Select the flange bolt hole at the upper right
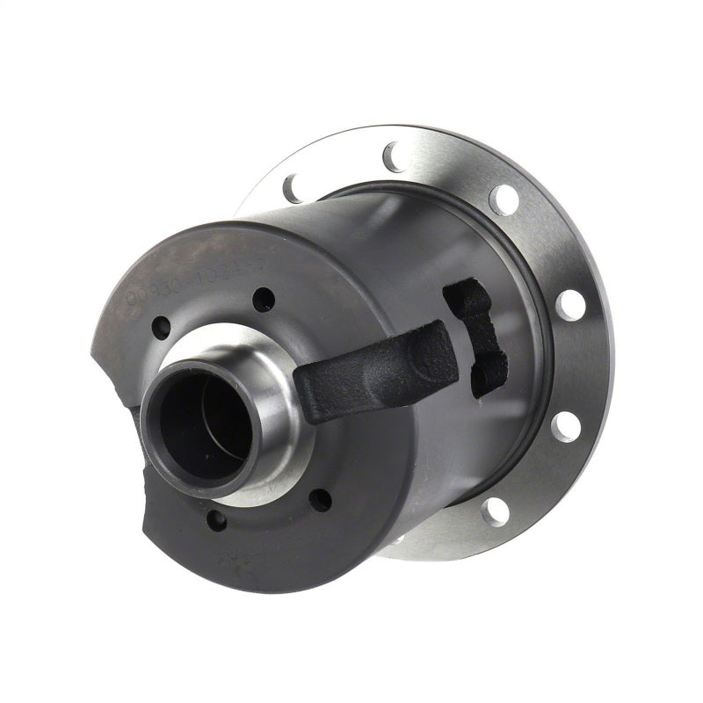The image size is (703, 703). pos(502,199)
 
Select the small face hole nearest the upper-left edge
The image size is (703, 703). pos(161,330)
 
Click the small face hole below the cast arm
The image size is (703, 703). pos(322,500)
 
